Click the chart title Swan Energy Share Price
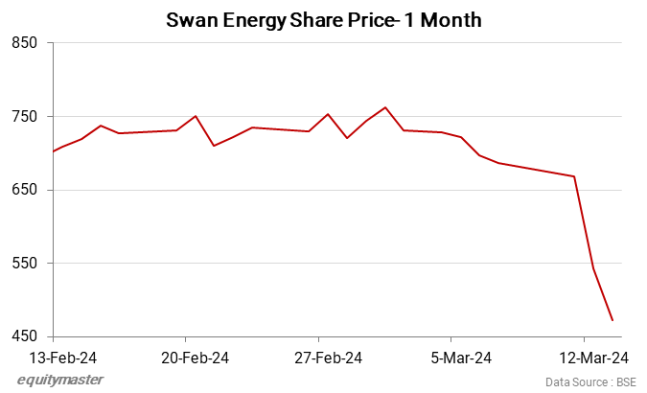pos(323,19)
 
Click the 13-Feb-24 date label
pos(62,358)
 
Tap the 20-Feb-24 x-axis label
pos(195,358)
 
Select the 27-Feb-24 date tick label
pos(328,358)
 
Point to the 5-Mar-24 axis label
pos(461,358)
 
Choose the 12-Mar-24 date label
pos(594,358)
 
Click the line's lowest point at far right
pos(612,320)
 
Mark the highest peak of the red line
pos(384,107)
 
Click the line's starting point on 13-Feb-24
pos(53,151)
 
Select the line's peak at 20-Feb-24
pos(196,116)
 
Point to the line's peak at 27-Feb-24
pos(328,114)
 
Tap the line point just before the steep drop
pos(574,176)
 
